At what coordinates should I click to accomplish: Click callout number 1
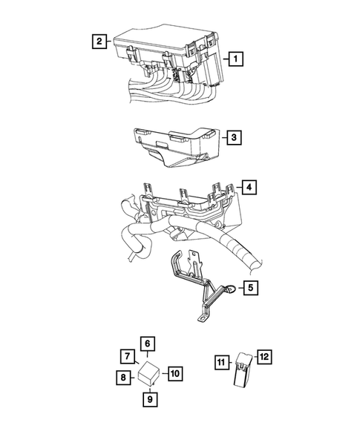point(235,57)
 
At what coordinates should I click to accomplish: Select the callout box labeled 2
point(98,41)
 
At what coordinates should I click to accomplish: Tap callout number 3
point(233,137)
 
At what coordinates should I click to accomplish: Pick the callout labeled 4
point(249,187)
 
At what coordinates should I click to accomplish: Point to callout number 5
point(252,287)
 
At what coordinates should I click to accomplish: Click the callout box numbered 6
point(148,343)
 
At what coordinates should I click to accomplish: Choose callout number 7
point(127,355)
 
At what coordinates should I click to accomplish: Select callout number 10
point(174,372)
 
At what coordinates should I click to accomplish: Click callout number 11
point(222,363)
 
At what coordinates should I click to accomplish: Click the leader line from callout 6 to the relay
point(148,355)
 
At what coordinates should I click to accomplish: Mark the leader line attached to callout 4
point(238,188)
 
